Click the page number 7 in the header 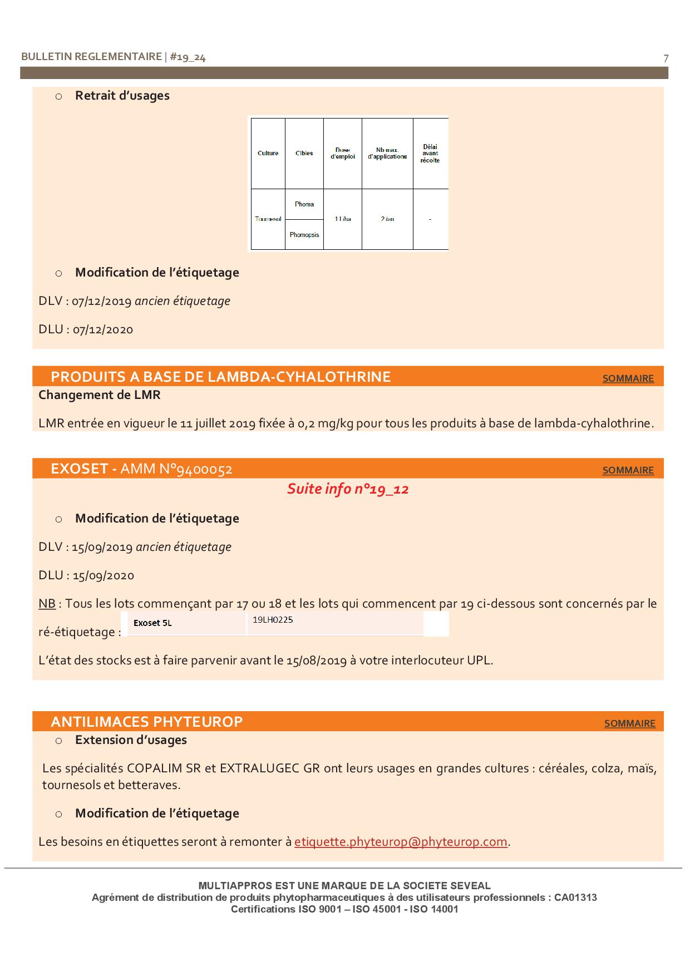click(666, 58)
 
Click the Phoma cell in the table click(304, 204)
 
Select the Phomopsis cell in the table click(304, 235)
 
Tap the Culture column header click(268, 153)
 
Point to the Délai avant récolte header click(430, 154)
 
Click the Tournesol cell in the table click(268, 219)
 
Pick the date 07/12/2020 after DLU click(103, 329)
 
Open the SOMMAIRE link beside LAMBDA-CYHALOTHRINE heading click(628, 378)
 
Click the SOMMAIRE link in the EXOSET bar click(628, 470)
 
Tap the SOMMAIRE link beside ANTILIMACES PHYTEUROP click(629, 723)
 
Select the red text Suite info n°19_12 click(348, 489)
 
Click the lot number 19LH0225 click(273, 619)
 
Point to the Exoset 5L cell click(152, 623)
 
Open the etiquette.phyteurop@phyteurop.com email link click(401, 841)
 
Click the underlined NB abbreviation click(47, 604)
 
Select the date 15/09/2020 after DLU click(103, 575)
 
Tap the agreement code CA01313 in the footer click(575, 898)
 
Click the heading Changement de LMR click(100, 395)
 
